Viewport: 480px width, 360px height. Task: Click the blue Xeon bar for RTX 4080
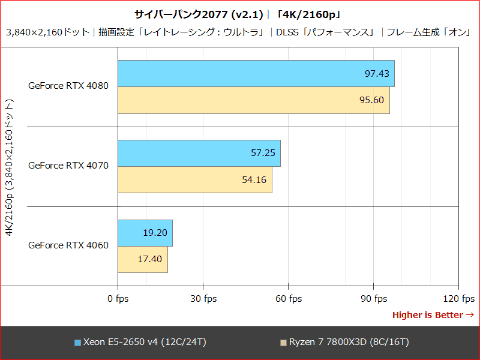255,74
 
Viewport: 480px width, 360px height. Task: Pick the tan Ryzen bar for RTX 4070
194,180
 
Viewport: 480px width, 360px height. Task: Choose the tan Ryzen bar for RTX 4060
142,259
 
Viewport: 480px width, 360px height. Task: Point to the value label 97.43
376,74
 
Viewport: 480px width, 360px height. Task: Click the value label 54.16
254,180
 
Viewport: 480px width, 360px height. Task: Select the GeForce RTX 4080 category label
69,86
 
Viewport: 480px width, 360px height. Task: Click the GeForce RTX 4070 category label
69,165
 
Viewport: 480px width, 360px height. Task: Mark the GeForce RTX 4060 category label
69,245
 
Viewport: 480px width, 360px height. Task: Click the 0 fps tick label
117,298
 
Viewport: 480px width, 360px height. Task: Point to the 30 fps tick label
203,298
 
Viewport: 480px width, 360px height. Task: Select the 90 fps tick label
374,298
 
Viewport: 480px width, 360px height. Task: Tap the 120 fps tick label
457,298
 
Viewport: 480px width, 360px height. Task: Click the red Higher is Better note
433,314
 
